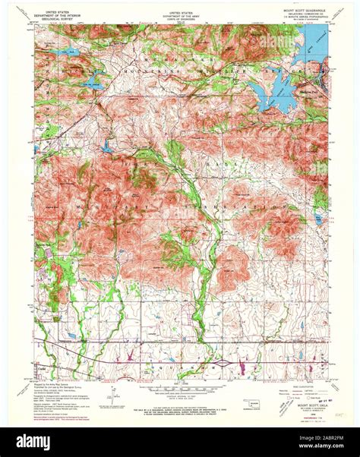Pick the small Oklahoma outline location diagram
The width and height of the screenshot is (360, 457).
(248, 403)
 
